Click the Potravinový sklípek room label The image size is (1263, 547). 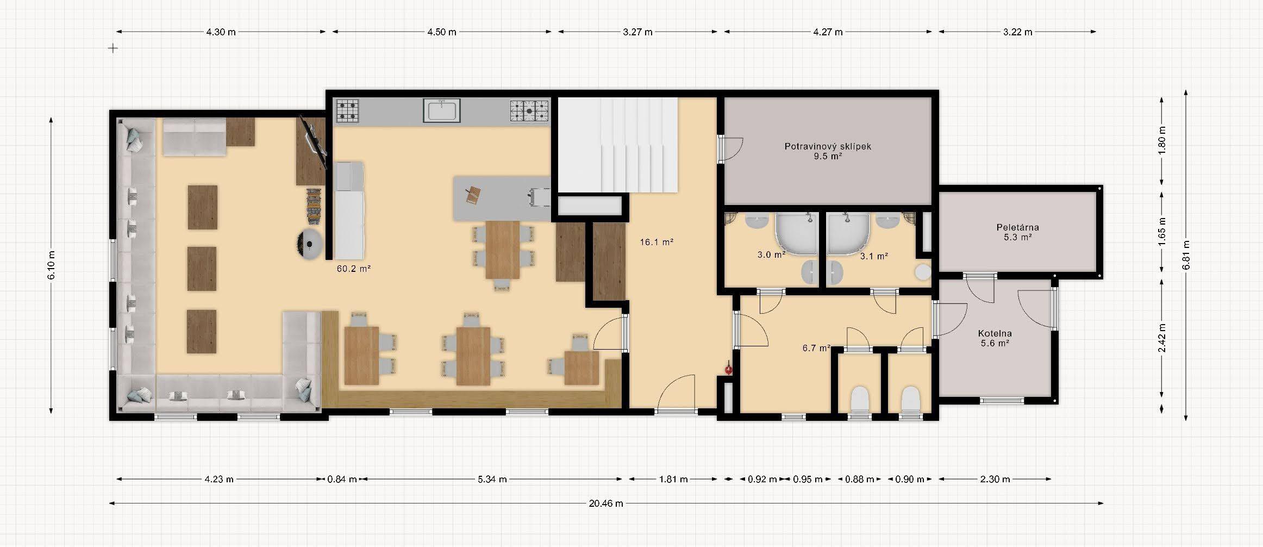click(828, 146)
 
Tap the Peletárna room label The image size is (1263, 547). click(1017, 227)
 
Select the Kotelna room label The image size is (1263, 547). click(995, 333)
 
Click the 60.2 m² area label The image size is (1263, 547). click(354, 268)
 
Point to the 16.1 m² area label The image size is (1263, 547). click(656, 242)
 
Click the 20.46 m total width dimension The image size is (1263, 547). click(606, 504)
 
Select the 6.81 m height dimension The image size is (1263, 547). click(1187, 255)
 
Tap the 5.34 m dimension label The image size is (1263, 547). click(492, 479)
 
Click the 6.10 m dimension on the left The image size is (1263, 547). click(52, 265)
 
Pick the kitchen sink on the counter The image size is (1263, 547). click(442, 110)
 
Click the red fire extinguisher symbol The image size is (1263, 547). click(729, 369)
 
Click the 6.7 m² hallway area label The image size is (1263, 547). click(816, 348)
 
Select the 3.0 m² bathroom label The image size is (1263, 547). click(771, 254)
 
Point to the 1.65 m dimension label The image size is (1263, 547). click(1162, 232)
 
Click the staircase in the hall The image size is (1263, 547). click(618, 145)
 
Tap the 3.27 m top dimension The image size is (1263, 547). click(637, 32)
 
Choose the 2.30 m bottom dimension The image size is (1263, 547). click(995, 479)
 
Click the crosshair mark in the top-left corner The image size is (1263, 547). click(112, 48)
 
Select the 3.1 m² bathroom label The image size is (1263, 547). click(874, 256)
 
